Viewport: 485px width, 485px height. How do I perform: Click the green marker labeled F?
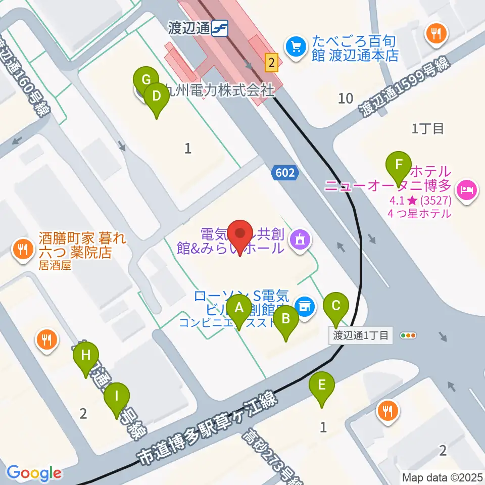click(399, 166)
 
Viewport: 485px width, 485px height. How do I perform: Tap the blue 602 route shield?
click(284, 173)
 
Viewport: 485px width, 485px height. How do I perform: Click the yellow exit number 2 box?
click(272, 63)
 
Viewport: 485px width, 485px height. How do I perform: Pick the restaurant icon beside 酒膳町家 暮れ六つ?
click(23, 248)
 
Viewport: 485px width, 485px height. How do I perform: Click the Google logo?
click(34, 473)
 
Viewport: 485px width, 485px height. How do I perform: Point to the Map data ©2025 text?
click(443, 477)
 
